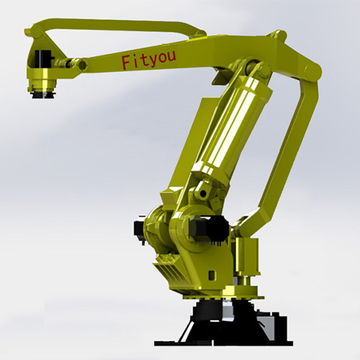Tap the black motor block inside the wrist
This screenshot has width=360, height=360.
point(43,59)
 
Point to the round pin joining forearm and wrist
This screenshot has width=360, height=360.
point(82,64)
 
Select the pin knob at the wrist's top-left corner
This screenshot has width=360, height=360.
point(27,32)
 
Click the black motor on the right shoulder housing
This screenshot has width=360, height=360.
point(208,227)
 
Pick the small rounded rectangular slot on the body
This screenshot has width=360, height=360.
point(212,274)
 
